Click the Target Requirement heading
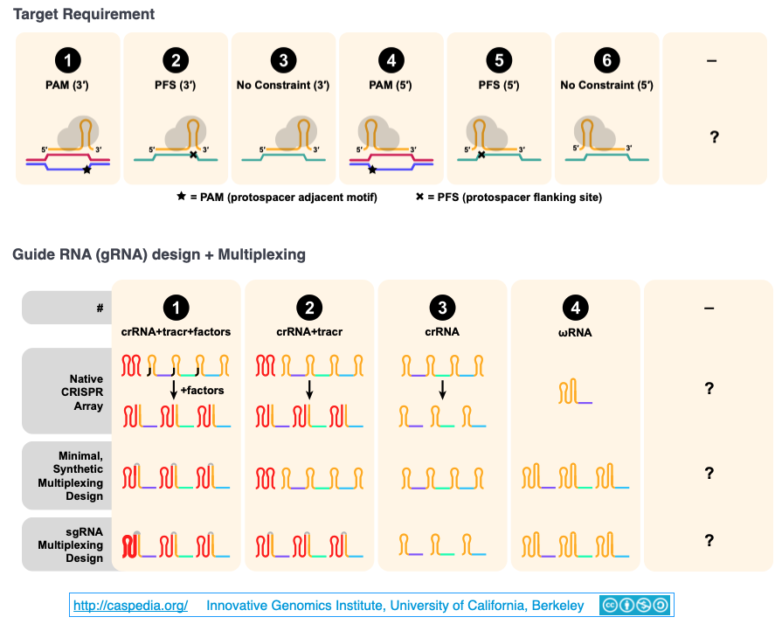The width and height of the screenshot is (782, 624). (84, 15)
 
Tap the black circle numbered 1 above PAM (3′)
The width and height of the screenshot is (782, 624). (68, 60)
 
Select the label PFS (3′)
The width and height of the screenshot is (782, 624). (176, 85)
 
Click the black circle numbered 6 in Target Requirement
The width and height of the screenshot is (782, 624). (606, 60)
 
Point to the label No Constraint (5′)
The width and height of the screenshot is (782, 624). (606, 85)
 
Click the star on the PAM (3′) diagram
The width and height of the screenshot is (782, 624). (87, 170)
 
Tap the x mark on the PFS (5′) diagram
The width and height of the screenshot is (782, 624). (481, 155)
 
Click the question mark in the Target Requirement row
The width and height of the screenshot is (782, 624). (714, 137)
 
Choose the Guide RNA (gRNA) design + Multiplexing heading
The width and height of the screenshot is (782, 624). (158, 255)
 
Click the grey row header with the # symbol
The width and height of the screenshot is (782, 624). (66, 308)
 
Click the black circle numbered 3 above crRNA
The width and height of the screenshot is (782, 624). (441, 308)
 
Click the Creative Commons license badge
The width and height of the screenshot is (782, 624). (634, 605)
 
